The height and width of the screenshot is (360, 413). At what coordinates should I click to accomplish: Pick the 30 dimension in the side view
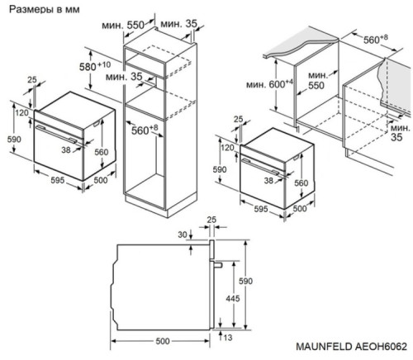(181, 235)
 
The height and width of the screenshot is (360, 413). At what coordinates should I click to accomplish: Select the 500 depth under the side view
(162, 339)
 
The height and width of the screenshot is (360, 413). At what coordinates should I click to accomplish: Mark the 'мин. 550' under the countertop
(313, 80)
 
